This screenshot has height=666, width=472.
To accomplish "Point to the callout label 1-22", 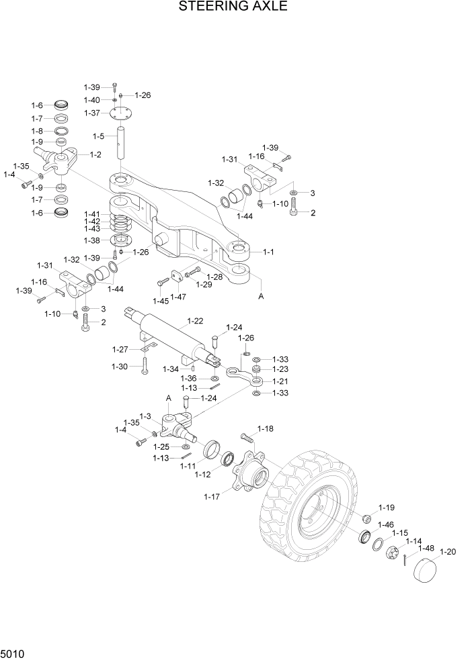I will [196, 321].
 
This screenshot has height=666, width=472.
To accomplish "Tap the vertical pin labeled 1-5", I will [122, 142].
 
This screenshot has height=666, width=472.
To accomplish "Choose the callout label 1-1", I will [268, 252].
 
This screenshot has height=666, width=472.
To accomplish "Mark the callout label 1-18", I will [266, 428].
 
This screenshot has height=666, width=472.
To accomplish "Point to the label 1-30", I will [120, 366].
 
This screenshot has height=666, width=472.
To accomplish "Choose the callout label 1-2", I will [95, 154].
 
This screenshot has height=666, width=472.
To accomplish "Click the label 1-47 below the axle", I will [178, 297].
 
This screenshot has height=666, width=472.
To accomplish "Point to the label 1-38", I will [93, 240].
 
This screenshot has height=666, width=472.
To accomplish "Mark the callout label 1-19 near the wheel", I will [386, 508].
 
